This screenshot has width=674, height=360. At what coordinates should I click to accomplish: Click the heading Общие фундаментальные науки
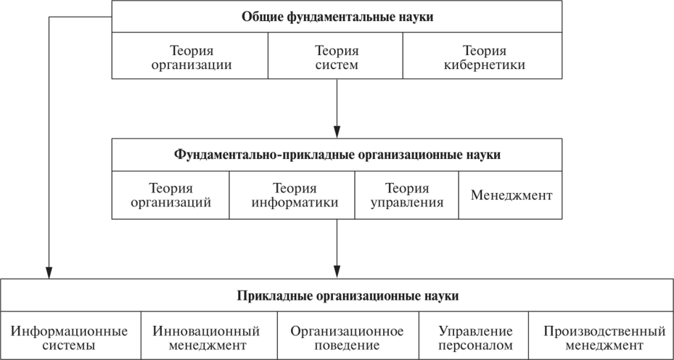(337, 17)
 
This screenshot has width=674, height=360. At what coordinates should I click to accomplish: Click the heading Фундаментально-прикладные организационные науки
(337, 155)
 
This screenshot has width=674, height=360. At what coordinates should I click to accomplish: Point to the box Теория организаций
(170, 195)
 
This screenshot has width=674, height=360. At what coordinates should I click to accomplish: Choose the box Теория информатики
(292, 195)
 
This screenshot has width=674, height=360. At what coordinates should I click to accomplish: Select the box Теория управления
(406, 195)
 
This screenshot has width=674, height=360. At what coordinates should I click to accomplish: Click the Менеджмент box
(511, 195)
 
